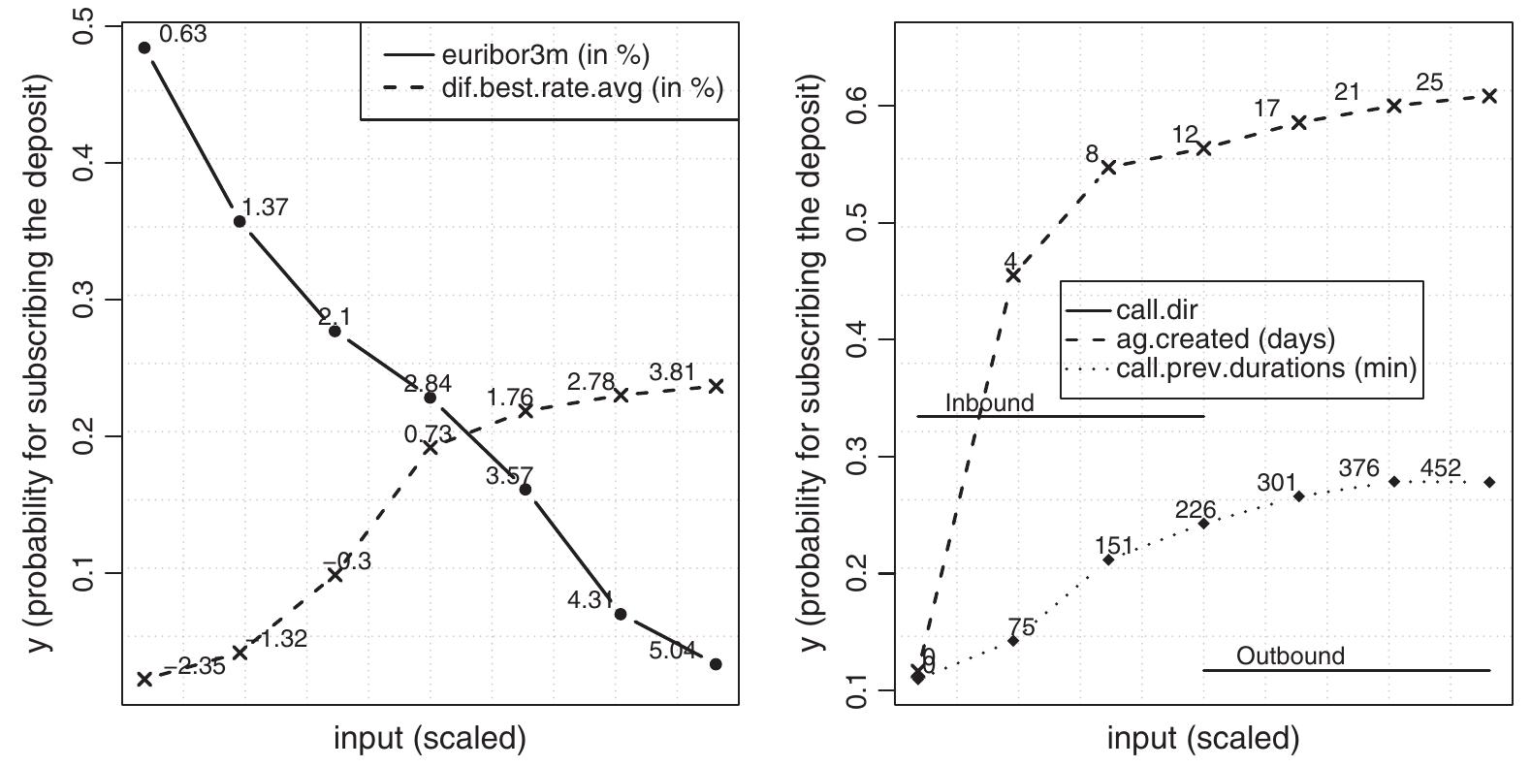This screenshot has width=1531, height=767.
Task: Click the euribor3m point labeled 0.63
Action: pyautogui.click(x=144, y=48)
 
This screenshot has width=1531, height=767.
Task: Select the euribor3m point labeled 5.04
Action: pyautogui.click(x=716, y=664)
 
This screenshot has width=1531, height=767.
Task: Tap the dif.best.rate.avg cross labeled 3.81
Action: pyautogui.click(x=716, y=386)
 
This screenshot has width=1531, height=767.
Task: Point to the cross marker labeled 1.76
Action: pyautogui.click(x=526, y=410)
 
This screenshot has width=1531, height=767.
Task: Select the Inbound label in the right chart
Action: pyautogui.click(x=989, y=403)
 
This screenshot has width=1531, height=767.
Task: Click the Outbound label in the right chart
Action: pyautogui.click(x=1291, y=656)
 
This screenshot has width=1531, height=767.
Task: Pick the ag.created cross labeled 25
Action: pyautogui.click(x=1489, y=96)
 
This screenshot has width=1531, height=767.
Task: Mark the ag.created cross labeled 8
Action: pyautogui.click(x=1108, y=167)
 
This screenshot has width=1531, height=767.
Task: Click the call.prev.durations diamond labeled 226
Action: pyautogui.click(x=1203, y=524)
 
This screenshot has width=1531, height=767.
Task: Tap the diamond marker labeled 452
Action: pyautogui.click(x=1489, y=482)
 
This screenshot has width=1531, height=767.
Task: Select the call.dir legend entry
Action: pyautogui.click(x=1155, y=310)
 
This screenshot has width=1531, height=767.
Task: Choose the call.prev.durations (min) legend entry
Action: pyautogui.click(x=1265, y=368)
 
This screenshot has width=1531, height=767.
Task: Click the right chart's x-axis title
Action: pyautogui.click(x=1202, y=739)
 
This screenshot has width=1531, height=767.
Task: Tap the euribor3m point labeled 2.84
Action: pyautogui.click(x=431, y=398)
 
